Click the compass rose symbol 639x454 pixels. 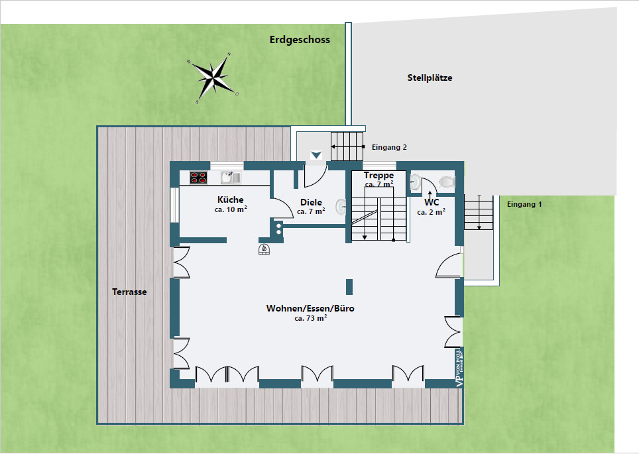coord(213,77)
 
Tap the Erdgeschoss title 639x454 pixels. coord(300,40)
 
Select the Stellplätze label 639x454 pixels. coord(430,78)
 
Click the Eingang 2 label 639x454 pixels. coord(390,147)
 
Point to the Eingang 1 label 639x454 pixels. coord(524,204)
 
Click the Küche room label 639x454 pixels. coord(231,199)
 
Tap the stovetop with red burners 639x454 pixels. coord(198,177)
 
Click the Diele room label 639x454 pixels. coord(311,202)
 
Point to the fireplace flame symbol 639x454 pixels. coord(264,250)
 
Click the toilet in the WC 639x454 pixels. coord(447,181)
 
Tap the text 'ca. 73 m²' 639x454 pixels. coord(310,318)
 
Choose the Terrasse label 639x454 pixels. coord(129,292)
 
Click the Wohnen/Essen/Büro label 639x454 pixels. coord(310,308)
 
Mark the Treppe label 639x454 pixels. coord(378,176)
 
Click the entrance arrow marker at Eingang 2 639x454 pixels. coord(316,155)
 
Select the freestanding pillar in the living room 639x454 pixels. coord(349,286)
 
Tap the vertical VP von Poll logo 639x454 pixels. coord(459,368)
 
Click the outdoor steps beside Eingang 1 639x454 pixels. coord(479,213)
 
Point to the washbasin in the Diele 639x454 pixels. coord(341,207)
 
